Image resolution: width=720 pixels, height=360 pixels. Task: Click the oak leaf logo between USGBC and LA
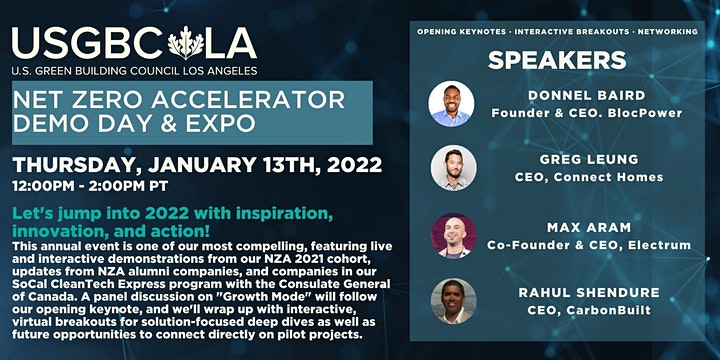pos(186,43)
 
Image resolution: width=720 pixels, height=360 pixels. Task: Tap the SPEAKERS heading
pos(557,60)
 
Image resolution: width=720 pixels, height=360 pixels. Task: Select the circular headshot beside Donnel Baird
pos(451,104)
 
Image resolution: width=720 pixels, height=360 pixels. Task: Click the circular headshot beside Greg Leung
pos(453,168)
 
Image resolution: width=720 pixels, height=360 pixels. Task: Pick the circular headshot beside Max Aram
pos(453,236)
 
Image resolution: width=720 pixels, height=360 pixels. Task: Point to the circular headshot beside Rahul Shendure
pos(453,301)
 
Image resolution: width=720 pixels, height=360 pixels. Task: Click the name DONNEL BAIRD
pos(586,96)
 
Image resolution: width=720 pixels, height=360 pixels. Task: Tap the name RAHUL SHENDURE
pos(589,292)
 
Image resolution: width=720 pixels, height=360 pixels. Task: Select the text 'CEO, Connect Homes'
pos(589,177)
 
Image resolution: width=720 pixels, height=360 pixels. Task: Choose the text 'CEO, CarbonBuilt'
pos(589,310)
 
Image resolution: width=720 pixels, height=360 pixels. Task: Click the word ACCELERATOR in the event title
pos(248,100)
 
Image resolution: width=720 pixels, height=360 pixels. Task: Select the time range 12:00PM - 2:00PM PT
pos(90,186)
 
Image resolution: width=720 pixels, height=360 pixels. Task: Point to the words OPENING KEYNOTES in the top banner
pos(463,32)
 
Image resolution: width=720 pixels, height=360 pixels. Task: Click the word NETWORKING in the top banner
pos(668,32)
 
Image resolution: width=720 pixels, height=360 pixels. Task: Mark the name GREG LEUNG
pos(589,159)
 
